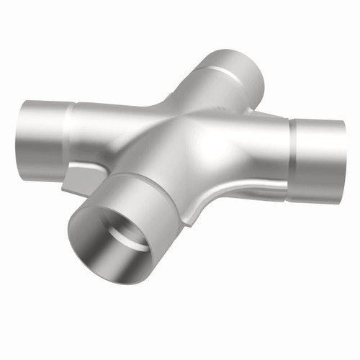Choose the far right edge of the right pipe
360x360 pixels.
click(344, 162)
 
